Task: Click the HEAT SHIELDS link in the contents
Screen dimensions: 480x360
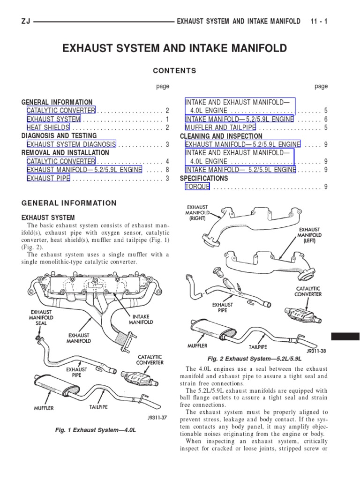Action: pos(48,127)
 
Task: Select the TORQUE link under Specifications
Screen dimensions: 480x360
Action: pos(197,187)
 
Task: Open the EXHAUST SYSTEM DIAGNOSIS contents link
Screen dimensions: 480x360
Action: pos(71,144)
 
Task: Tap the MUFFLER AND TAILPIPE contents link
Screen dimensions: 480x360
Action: pos(220,127)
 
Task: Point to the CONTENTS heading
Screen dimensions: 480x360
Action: pos(174,71)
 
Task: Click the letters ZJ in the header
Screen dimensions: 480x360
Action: pos(26,22)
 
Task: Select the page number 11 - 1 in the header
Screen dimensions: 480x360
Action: pos(319,22)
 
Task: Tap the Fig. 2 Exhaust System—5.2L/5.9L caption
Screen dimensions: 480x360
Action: pos(255,358)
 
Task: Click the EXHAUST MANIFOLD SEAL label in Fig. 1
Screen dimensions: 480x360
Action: pos(41,320)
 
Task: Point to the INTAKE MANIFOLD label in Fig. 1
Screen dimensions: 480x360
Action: pos(141,319)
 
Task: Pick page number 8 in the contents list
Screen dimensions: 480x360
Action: pos(167,170)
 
